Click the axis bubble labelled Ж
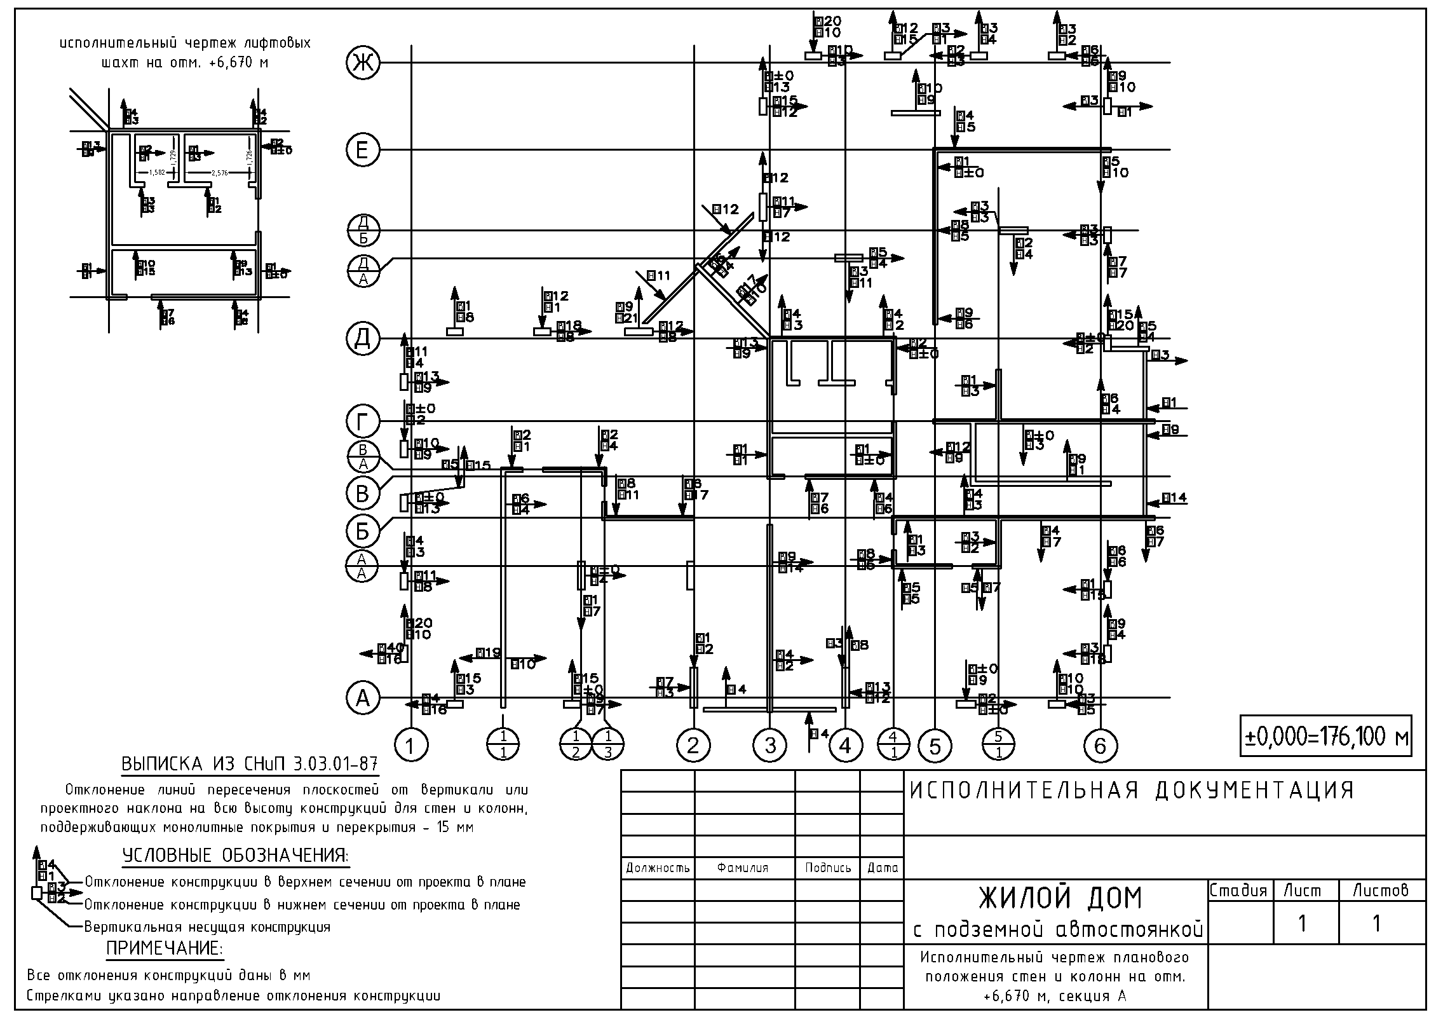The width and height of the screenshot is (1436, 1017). click(362, 62)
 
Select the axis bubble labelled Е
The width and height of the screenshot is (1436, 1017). click(362, 150)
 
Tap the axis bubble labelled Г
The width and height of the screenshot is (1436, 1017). click(362, 421)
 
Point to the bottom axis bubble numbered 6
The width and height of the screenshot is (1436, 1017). click(1100, 745)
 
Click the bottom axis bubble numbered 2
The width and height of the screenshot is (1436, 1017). click(693, 745)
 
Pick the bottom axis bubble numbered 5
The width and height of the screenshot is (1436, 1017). click(935, 745)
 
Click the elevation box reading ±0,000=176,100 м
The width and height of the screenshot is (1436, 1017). click(1325, 736)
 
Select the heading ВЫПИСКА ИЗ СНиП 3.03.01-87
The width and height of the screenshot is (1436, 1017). click(250, 763)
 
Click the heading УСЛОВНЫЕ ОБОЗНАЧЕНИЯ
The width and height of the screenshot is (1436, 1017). click(235, 856)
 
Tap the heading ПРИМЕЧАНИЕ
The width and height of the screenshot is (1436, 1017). click(165, 949)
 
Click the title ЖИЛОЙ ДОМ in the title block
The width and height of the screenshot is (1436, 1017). click(1059, 898)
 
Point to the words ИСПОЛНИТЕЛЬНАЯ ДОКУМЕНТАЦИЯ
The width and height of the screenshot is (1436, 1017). click(1132, 790)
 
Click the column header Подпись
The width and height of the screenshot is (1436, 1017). click(827, 868)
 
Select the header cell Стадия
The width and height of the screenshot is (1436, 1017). click(1238, 891)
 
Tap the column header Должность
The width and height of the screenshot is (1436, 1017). click(658, 868)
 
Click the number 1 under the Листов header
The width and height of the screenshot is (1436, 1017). click(1376, 923)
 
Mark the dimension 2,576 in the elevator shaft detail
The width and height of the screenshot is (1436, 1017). click(219, 172)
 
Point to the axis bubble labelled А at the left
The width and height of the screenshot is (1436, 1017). click(362, 698)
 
